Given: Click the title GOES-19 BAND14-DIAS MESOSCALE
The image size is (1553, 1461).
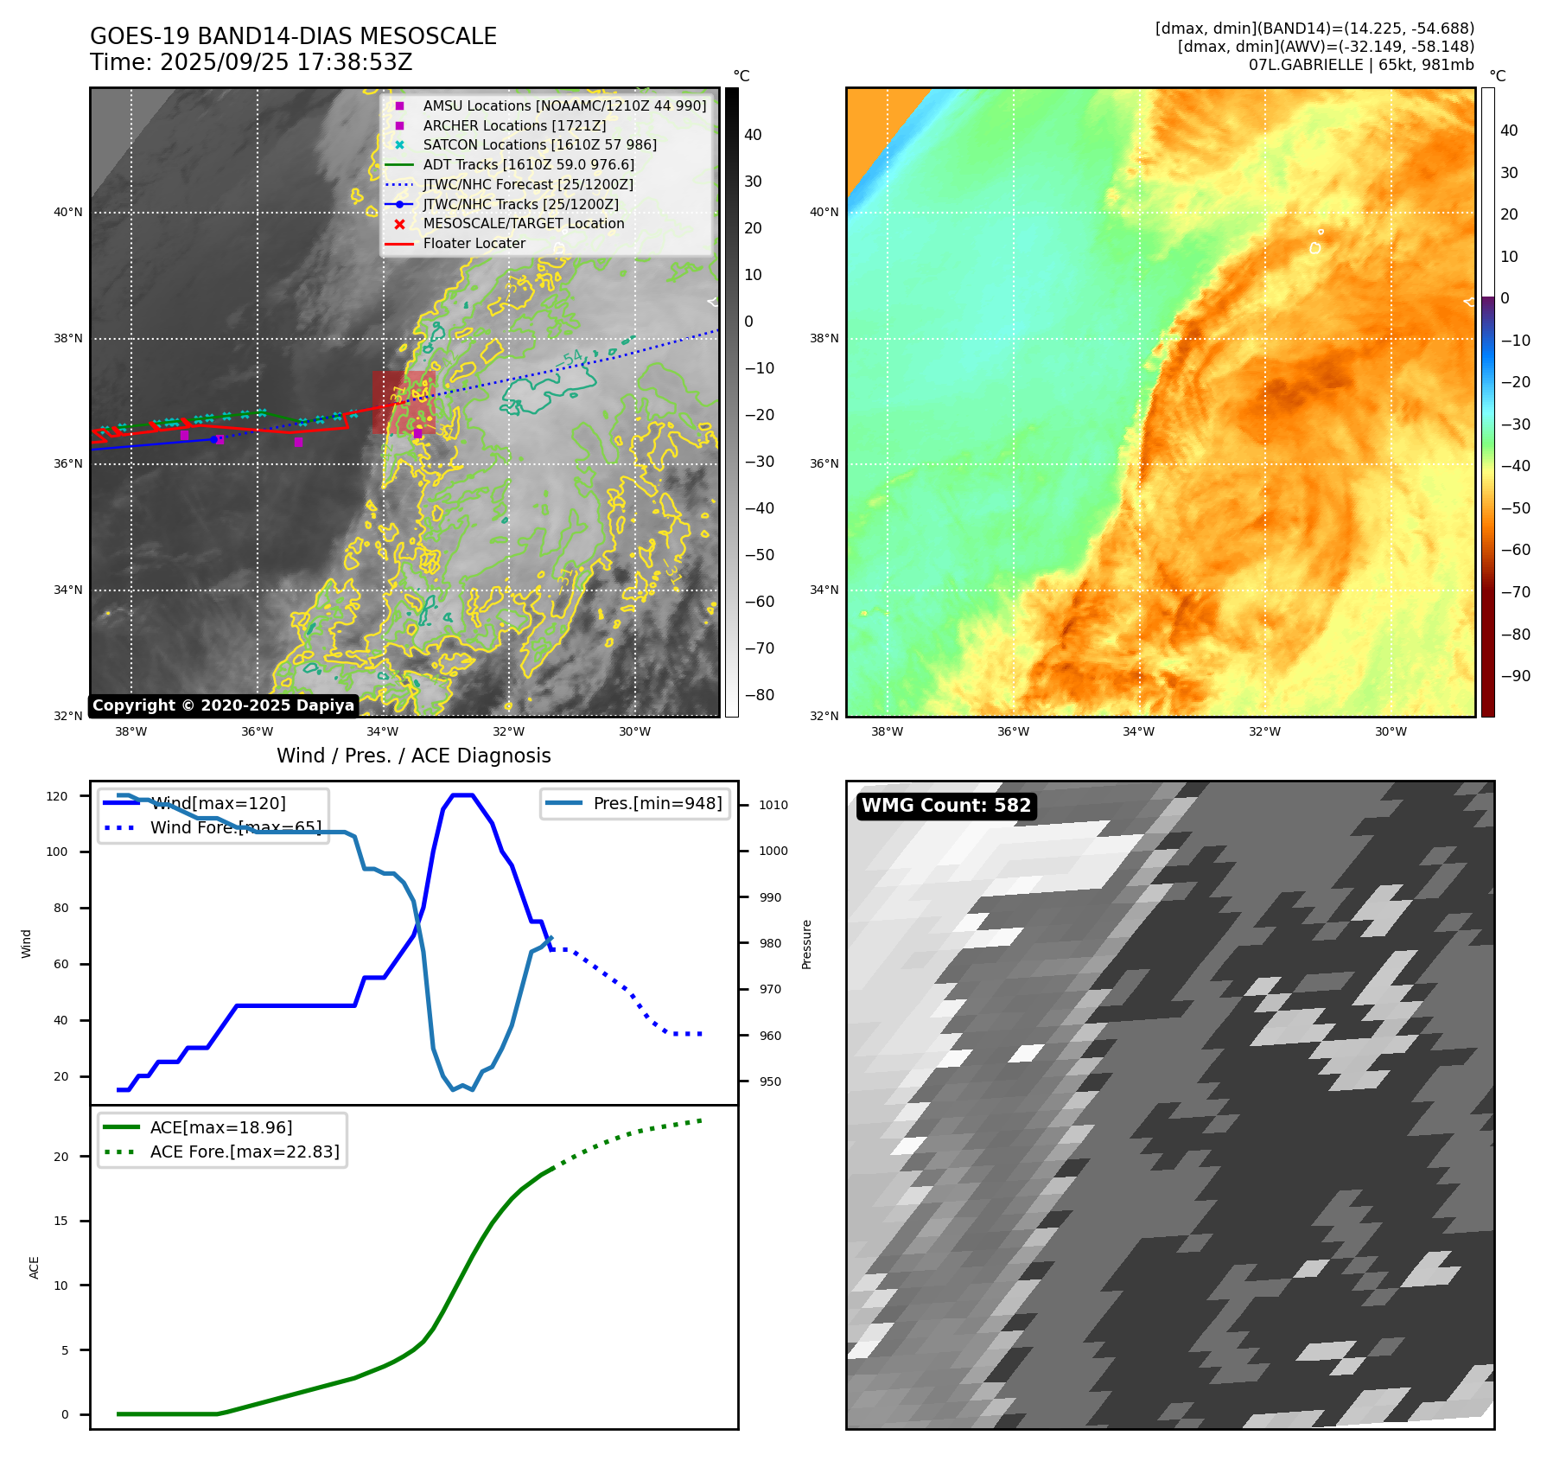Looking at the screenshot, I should [293, 36].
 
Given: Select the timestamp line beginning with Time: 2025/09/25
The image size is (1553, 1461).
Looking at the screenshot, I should [251, 62].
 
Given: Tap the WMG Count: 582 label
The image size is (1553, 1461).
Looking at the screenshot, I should [945, 806].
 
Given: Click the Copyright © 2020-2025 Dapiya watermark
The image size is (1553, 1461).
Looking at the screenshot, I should [223, 705].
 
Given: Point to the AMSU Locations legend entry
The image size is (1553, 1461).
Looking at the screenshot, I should [563, 105].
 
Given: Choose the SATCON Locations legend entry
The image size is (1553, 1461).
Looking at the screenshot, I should [539, 144].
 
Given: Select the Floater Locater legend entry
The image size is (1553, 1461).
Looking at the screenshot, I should [474, 243].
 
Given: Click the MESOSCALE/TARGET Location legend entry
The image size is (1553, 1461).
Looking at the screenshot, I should [523, 223].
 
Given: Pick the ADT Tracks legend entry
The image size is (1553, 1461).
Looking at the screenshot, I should [528, 164].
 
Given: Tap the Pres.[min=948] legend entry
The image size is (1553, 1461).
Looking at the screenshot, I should [657, 803].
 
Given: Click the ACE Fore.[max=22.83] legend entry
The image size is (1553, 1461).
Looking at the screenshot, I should [245, 1152].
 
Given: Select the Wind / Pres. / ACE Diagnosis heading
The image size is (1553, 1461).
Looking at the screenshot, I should [413, 756].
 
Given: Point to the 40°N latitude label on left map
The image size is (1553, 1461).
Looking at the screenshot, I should [68, 212].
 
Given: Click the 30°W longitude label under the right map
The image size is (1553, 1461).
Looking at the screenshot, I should [1391, 731].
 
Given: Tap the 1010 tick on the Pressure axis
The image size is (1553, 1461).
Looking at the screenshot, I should [773, 805].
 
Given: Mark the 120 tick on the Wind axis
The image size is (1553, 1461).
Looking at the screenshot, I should [57, 796].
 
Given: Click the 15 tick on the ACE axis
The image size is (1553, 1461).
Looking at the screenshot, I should [60, 1221].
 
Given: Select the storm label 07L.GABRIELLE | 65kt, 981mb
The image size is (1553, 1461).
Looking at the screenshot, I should [1361, 65].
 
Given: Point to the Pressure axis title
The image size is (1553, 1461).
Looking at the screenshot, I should [806, 944].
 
